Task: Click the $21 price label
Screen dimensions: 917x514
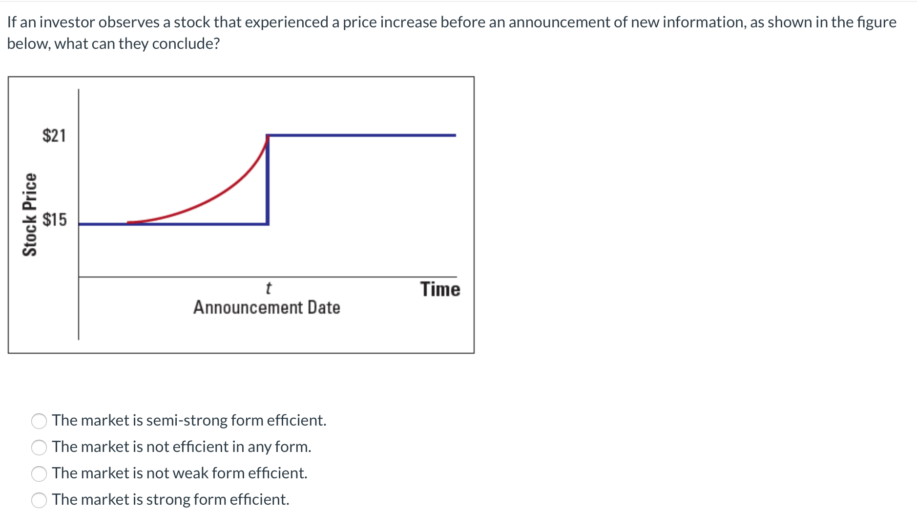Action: coord(54,135)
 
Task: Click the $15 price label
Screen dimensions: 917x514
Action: coord(54,219)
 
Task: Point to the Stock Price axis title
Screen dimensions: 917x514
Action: coord(30,214)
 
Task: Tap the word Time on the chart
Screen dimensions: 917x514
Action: coord(440,289)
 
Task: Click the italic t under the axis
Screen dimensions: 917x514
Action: coord(268,288)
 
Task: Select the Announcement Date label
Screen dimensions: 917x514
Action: coord(267,307)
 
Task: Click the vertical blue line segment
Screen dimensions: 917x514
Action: coord(268,180)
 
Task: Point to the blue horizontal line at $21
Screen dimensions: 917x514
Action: coord(361,135)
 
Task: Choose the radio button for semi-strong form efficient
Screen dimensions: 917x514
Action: coord(39,421)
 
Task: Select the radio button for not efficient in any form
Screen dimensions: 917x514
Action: coord(39,448)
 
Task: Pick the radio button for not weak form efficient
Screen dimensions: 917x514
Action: coord(39,474)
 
